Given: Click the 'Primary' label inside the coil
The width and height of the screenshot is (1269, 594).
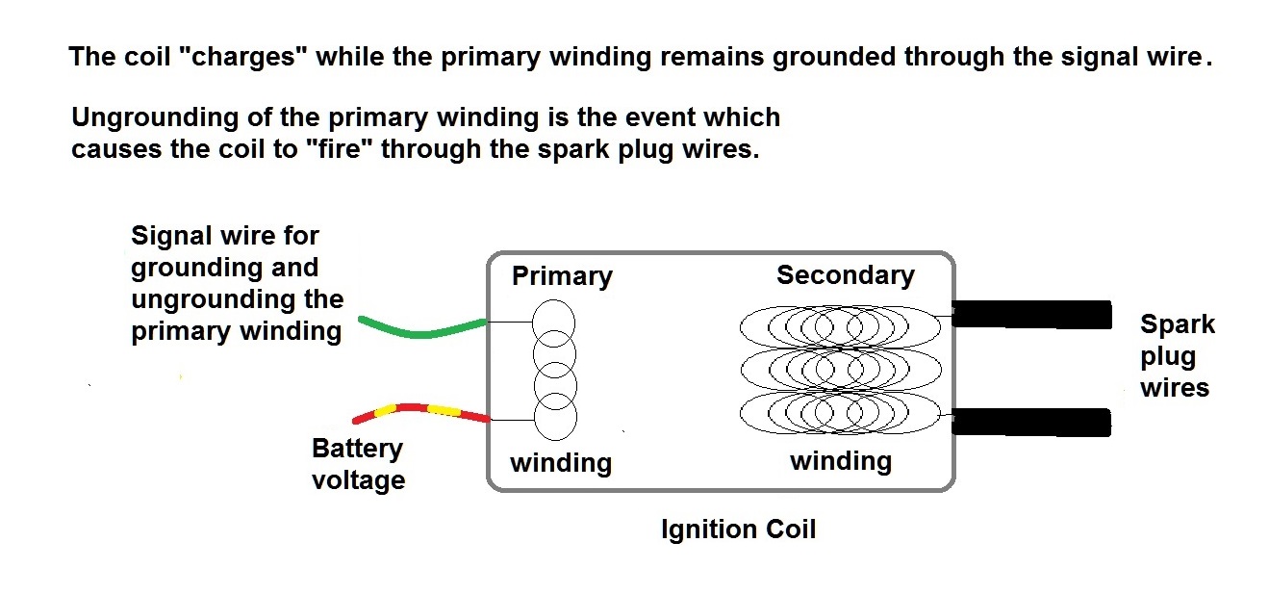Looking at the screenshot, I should coord(562,277).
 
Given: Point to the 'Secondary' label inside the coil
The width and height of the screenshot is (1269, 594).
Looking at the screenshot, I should coord(845,275).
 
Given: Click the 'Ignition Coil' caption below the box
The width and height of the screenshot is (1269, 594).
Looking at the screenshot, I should coord(738,529).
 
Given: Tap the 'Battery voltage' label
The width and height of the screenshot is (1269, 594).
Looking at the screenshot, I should coord(358,464).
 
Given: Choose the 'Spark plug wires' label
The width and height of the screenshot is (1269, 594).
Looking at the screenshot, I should coord(1176,355).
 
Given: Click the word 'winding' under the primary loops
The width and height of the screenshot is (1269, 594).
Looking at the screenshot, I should coord(561,463).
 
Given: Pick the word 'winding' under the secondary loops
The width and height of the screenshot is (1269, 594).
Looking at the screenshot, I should coord(841,461).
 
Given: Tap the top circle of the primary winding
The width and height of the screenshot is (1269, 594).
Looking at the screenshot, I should coord(553,321).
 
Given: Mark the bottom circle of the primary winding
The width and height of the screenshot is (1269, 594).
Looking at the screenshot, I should coord(555,418).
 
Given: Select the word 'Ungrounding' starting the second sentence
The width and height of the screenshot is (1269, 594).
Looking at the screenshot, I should coord(155,118).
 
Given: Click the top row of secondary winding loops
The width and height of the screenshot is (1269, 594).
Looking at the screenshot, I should coord(841,327).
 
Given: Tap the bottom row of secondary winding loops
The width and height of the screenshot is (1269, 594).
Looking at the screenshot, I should coord(841,412).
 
